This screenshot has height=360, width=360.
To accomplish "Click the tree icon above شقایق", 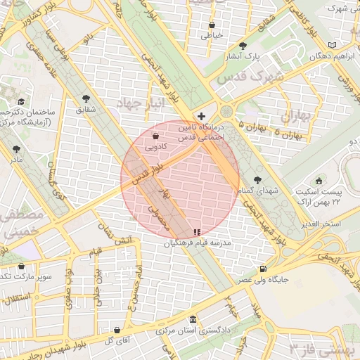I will (x=86, y=98).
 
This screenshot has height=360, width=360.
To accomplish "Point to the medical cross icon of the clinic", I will (x=202, y=115).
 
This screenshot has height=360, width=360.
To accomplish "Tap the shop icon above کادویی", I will (x=155, y=136).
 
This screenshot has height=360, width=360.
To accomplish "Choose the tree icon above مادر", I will (x=16, y=149).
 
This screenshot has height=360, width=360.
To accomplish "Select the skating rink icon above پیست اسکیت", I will (x=319, y=181).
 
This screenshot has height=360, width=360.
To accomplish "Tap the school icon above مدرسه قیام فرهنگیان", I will (x=196, y=232).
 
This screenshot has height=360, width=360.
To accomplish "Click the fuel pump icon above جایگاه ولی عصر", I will (x=263, y=268).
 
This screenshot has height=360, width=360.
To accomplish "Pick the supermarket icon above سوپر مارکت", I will (x=22, y=266).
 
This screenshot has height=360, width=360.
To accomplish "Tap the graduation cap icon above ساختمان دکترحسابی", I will (x=21, y=102).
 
